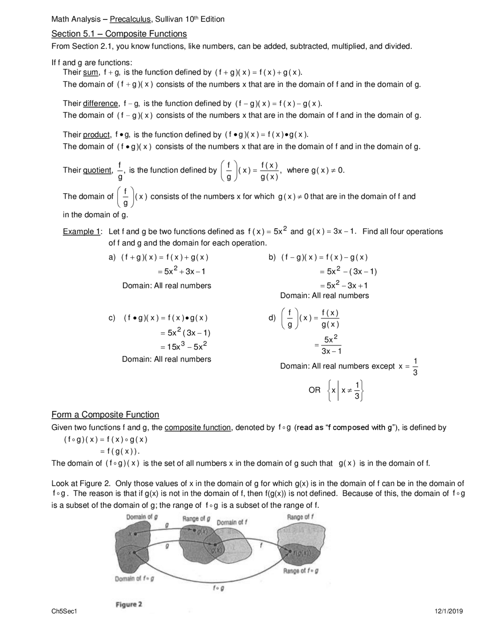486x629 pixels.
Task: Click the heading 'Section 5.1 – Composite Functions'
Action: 119,34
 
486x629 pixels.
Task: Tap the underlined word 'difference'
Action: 101,103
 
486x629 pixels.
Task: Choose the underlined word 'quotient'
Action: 97,170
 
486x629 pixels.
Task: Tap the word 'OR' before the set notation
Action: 314,390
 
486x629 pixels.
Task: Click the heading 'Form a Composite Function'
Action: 105,414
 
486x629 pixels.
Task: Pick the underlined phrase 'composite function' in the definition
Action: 198,427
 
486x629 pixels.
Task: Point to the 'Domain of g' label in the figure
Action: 142,517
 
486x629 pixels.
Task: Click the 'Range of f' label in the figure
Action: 300,517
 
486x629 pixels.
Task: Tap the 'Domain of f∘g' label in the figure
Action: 134,579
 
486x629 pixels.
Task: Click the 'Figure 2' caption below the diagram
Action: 129,604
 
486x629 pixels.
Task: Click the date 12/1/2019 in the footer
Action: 449,611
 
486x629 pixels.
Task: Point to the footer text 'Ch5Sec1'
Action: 64,611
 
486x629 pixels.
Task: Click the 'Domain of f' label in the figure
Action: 232,522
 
